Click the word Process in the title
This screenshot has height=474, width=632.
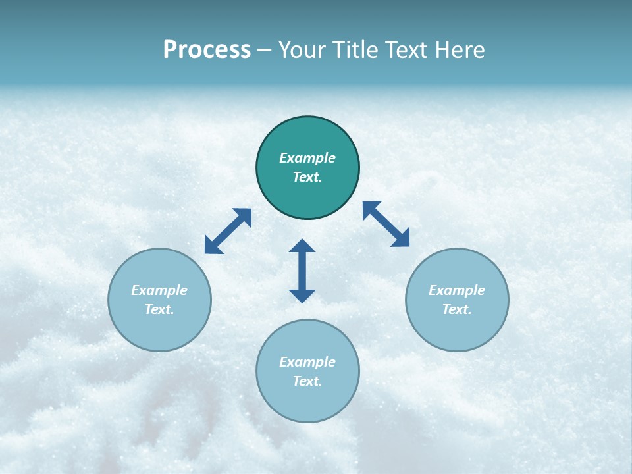click(x=207, y=50)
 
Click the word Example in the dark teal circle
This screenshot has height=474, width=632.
click(x=307, y=158)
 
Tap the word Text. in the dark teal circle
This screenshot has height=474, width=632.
click(x=307, y=177)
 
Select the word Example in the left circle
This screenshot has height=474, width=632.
click(x=159, y=290)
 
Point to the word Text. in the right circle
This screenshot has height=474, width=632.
click(x=457, y=309)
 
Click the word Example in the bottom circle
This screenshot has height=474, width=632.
click(x=307, y=362)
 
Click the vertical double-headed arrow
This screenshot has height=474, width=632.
click(x=302, y=271)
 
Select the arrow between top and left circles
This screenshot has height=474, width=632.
click(x=228, y=231)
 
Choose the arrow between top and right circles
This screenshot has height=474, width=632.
click(x=386, y=224)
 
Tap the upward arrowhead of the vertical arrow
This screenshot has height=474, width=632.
click(x=302, y=246)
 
